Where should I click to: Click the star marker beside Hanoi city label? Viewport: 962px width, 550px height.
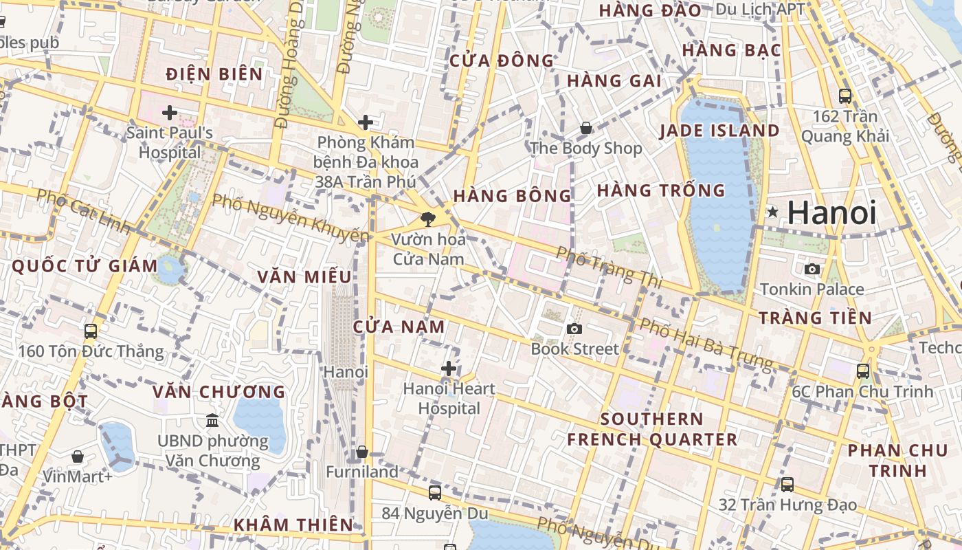[x=773, y=212]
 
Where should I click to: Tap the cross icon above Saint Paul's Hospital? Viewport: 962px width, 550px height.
[x=170, y=112]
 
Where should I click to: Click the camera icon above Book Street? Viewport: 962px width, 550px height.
[x=574, y=329]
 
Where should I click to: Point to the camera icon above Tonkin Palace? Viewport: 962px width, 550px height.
[x=812, y=269]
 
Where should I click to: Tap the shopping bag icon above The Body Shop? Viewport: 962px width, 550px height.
[x=586, y=128]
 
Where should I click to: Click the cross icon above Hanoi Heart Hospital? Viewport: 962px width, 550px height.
[x=449, y=368]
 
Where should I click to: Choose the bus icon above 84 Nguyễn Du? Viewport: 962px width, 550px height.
[x=434, y=492]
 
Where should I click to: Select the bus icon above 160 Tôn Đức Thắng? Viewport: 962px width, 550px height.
[x=91, y=331]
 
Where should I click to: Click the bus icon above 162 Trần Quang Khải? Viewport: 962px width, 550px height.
[x=845, y=96]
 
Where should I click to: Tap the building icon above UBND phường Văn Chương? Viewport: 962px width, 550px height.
[x=212, y=420]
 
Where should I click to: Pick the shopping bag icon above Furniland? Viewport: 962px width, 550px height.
[x=362, y=452]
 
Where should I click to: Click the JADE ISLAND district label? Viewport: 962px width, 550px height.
[x=719, y=131]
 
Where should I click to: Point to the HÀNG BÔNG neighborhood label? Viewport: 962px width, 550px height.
[x=512, y=196]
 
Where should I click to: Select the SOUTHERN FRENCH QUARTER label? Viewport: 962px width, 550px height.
[x=651, y=429]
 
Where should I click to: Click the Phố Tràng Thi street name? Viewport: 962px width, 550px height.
[x=609, y=267]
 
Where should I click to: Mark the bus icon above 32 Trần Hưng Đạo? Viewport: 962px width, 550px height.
[x=787, y=484]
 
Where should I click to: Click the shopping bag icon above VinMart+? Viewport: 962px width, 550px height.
[x=78, y=456]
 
